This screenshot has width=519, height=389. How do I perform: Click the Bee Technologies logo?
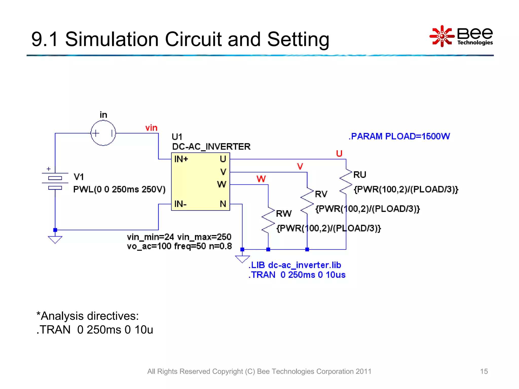coord(461,36)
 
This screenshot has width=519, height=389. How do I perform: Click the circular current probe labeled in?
coord(103,133)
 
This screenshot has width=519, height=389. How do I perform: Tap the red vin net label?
coord(151,128)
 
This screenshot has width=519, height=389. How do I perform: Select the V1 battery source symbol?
coord(55,182)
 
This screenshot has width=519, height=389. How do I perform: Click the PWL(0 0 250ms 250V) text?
coord(119,189)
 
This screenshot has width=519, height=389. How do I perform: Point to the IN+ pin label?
coord(181,159)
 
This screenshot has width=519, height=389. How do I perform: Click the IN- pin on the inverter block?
coord(180,204)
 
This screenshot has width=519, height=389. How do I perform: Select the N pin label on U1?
coord(223,204)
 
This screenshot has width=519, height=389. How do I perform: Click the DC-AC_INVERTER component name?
coord(211,147)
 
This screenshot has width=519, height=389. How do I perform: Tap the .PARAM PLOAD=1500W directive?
coord(399,136)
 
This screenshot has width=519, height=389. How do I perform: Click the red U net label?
coord(339,153)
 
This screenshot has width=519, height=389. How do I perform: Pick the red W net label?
coord(261,179)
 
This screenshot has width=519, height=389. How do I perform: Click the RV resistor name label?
coord(321,194)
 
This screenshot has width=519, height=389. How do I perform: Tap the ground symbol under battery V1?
coord(55,239)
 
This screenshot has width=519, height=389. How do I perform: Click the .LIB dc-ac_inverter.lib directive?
coord(295,265)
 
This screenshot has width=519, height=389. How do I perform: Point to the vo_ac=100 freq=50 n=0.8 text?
coord(179,246)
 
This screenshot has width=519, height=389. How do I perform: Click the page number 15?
coord(484,371)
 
